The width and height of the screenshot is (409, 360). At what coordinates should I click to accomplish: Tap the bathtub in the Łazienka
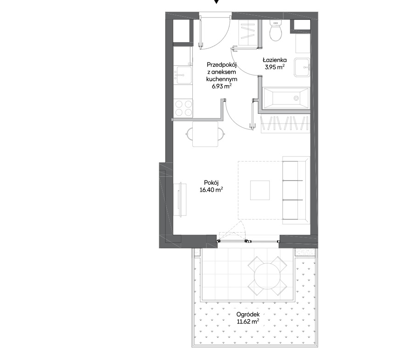tap(286, 98)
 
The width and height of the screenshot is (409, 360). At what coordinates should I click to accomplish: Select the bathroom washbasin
tap(302, 68)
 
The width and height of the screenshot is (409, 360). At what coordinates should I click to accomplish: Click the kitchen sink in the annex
tap(183, 75)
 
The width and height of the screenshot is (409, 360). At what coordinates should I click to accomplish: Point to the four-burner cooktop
tap(183, 108)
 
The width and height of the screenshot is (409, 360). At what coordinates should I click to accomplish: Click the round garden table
tap(267, 276)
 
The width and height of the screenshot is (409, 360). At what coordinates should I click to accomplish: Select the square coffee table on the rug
tap(260, 190)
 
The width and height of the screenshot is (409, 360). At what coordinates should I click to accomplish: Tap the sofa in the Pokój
tap(296, 190)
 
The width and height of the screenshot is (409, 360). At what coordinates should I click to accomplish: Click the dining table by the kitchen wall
tap(205, 134)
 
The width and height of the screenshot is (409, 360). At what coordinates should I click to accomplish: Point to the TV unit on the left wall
tap(180, 199)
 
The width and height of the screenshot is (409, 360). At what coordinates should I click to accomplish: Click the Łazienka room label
tap(274, 60)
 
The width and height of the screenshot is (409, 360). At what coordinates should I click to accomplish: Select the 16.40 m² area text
tap(211, 190)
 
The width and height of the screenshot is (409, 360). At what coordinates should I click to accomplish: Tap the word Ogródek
tap(248, 315)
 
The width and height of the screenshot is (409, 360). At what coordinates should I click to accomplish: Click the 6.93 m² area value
tap(222, 86)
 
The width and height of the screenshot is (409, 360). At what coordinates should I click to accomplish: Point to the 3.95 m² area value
tap(274, 67)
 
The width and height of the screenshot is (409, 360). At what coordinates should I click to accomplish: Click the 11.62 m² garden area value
tap(248, 322)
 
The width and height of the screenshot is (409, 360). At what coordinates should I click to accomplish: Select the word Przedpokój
tap(222, 65)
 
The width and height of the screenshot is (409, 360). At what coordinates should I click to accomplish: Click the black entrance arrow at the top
tap(216, 1)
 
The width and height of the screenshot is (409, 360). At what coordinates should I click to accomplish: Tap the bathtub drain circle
tap(296, 98)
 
